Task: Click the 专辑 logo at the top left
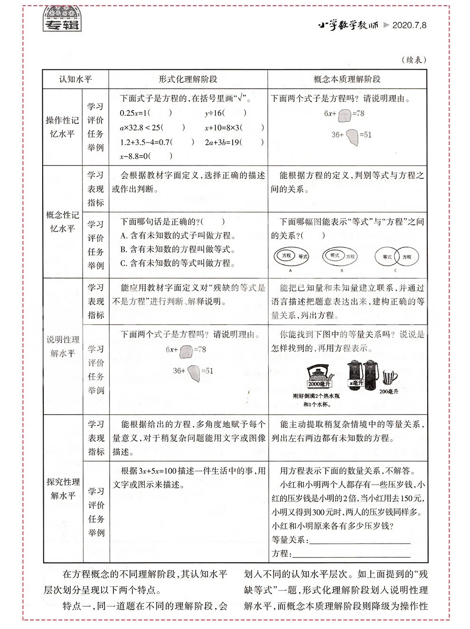(x=61, y=20)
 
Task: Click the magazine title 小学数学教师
(x=348, y=25)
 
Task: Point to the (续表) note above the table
(x=414, y=60)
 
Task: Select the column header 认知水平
(x=75, y=79)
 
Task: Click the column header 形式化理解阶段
(x=188, y=79)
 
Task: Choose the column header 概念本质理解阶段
(x=347, y=79)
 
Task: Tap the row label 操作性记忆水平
(x=62, y=127)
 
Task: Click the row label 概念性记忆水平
(x=62, y=222)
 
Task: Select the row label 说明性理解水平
(x=63, y=346)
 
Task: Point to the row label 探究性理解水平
(x=63, y=489)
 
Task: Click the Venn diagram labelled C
(x=395, y=258)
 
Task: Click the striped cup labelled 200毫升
(x=389, y=378)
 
